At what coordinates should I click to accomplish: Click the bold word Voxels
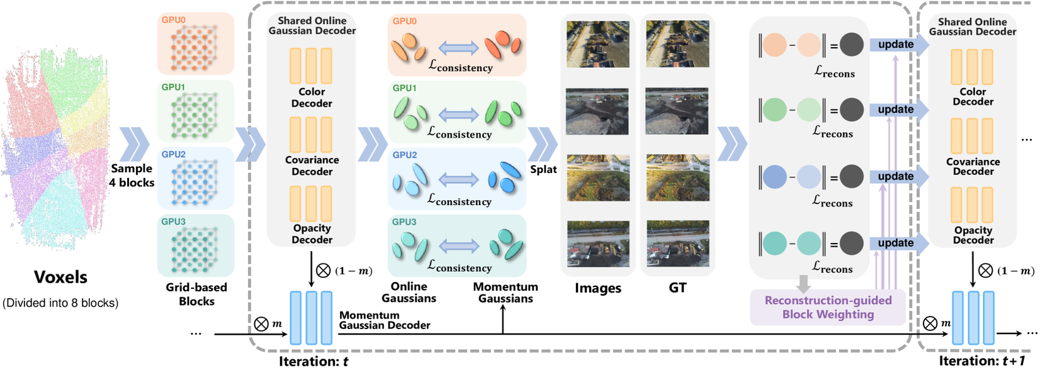[x=60, y=277]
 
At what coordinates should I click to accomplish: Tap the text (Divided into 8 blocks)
[x=60, y=303]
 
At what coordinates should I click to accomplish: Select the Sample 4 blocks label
[x=132, y=176]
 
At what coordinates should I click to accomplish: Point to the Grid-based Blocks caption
[x=196, y=294]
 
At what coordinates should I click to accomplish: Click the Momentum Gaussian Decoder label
[x=384, y=320]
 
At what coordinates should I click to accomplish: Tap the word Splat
[x=543, y=169]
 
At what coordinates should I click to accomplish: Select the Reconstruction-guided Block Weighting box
[x=828, y=307]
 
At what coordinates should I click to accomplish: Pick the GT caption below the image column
[x=677, y=288]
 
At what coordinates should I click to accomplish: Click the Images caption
[x=597, y=288]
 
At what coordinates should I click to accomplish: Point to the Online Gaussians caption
[x=409, y=292]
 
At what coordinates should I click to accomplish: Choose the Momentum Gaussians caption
[x=506, y=292]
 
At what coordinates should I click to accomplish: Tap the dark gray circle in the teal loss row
[x=851, y=244]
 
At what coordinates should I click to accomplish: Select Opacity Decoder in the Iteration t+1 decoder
[x=973, y=235]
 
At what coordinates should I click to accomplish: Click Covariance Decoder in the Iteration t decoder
[x=312, y=165]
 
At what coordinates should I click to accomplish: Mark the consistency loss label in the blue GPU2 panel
[x=459, y=200]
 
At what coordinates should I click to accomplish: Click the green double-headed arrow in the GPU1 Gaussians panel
[x=458, y=115]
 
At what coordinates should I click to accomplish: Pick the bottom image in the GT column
[x=677, y=244]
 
